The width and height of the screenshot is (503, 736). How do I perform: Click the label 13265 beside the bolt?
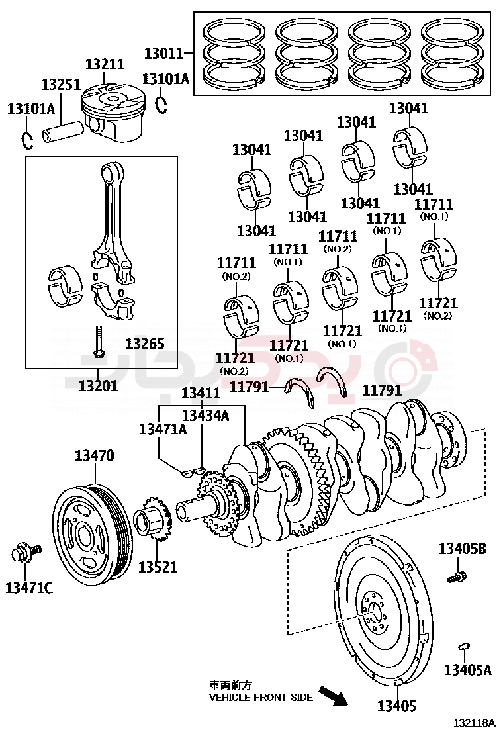(145, 343)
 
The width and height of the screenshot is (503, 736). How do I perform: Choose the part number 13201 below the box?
(98, 385)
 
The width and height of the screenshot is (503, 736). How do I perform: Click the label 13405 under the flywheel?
(397, 706)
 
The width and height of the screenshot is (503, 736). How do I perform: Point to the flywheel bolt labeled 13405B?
(455, 576)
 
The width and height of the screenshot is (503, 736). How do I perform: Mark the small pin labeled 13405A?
(465, 647)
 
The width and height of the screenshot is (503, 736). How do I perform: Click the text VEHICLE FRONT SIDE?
(261, 697)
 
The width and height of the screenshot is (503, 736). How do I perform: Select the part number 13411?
(201, 393)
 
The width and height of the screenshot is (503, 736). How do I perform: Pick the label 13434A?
(205, 415)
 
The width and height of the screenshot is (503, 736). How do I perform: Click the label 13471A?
(163, 429)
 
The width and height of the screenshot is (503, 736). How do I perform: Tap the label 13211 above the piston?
(105, 64)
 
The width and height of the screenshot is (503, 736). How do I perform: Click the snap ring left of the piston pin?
(26, 140)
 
